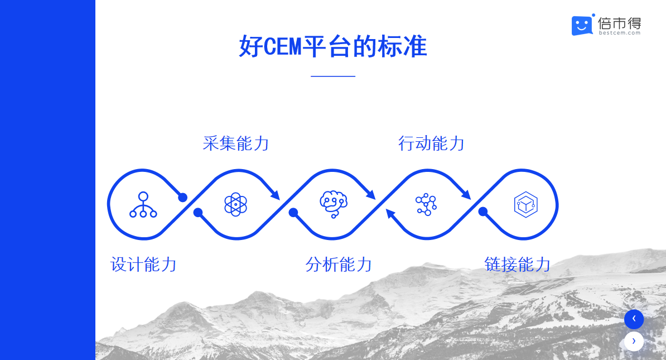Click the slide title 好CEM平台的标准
pos(332,46)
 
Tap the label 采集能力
pos(236,143)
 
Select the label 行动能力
pos(431,143)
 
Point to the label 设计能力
pos(143,265)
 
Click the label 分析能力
pos(339,265)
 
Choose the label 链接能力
pos(517,265)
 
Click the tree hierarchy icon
pos(143,204)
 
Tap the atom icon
pos(236,204)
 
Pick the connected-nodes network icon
pos(426,204)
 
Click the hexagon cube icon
pos(526,204)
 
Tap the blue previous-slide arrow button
pos(634,319)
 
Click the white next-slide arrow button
pos(634,341)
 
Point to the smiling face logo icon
pos(582,25)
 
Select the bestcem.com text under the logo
pos(620,33)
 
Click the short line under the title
pos(333,76)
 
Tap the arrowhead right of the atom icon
pos(275,195)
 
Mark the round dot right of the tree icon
pos(182,198)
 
